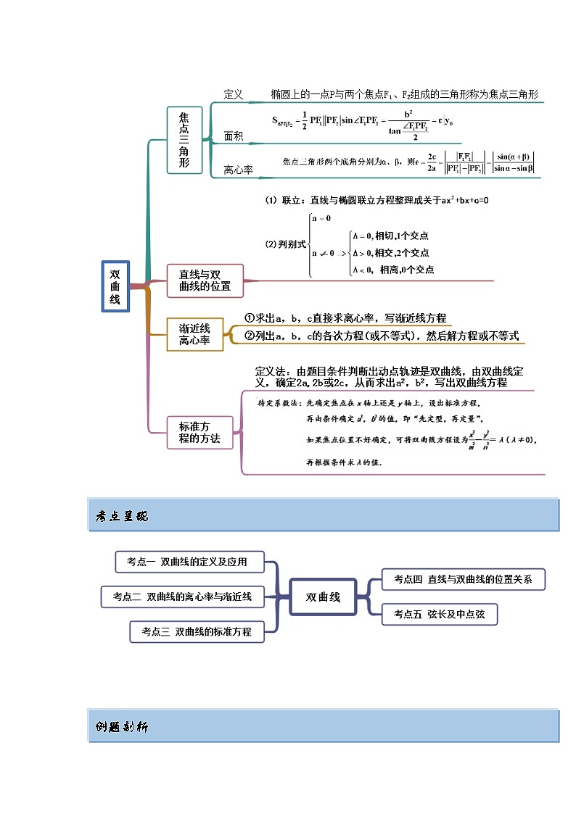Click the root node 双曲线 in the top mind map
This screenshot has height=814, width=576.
click(x=115, y=286)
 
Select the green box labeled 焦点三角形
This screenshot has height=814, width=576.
click(x=184, y=140)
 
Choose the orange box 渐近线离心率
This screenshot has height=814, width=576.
click(x=194, y=334)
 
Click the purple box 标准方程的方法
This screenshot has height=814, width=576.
click(x=194, y=433)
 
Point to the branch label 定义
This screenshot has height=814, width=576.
click(x=234, y=95)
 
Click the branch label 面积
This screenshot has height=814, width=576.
click(x=234, y=136)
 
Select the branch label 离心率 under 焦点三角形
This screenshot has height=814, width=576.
click(x=238, y=170)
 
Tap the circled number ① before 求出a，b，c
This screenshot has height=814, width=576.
click(x=249, y=318)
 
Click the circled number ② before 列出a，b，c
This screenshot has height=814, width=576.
click(x=249, y=336)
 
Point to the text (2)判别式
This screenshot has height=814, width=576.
click(x=285, y=244)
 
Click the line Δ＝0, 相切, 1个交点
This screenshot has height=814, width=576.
click(x=390, y=236)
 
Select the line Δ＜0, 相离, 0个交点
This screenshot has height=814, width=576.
click(x=392, y=270)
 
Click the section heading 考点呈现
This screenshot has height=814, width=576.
click(x=121, y=516)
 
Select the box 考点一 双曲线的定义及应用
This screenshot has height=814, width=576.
click(x=189, y=562)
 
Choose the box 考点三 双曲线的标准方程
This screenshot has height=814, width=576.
click(x=197, y=631)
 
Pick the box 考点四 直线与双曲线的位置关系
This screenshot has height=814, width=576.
click(x=463, y=579)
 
